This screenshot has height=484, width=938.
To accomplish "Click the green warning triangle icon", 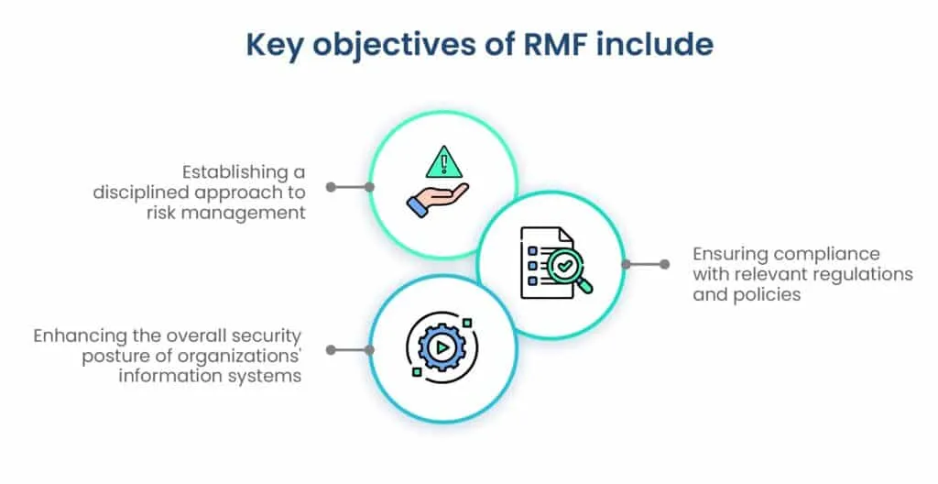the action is click(x=443, y=161).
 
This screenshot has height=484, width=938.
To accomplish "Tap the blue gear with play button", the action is click(x=442, y=346).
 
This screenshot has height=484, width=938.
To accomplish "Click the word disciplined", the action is click(x=141, y=192).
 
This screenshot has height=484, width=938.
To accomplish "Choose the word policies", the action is click(x=767, y=295).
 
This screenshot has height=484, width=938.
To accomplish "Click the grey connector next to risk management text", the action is click(x=350, y=187).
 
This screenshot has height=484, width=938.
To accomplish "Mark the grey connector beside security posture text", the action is click(x=350, y=350).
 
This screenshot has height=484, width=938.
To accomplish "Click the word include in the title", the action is click(x=654, y=44).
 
